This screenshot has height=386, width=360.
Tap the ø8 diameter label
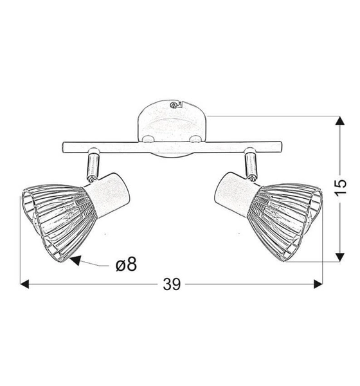point(125,263)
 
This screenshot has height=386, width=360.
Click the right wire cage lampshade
point(287,218)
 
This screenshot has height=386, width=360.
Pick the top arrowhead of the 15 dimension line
point(339,122)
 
